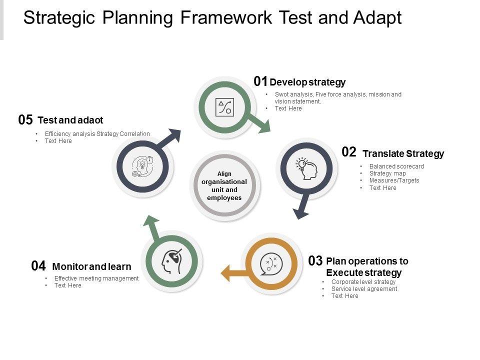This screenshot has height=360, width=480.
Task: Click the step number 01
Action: click(x=260, y=81)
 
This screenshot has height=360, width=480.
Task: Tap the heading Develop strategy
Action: click(x=307, y=82)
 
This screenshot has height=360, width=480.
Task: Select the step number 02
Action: click(x=349, y=152)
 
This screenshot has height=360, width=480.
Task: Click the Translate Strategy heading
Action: click(x=403, y=153)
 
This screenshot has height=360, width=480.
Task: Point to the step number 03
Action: click(x=315, y=261)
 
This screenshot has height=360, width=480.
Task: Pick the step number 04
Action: click(x=38, y=266)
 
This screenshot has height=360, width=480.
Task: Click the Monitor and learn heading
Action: click(x=92, y=266)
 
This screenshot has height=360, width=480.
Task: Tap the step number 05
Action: click(x=25, y=120)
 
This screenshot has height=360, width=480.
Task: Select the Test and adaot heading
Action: click(x=70, y=120)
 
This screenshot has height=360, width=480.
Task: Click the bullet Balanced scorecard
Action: click(x=396, y=166)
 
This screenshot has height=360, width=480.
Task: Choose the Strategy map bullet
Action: click(x=387, y=173)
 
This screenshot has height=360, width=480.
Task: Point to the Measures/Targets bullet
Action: click(x=394, y=180)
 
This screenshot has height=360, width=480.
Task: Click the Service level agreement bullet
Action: click(x=364, y=289)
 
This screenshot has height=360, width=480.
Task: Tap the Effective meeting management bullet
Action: click(x=96, y=278)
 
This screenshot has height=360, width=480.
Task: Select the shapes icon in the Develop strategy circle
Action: click(x=224, y=107)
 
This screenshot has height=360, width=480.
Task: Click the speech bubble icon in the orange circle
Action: click(x=271, y=264)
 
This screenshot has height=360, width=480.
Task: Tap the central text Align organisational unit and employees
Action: click(x=224, y=186)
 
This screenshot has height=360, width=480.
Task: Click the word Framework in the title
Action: click(x=226, y=18)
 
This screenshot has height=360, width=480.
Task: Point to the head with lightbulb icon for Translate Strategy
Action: click(x=306, y=168)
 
